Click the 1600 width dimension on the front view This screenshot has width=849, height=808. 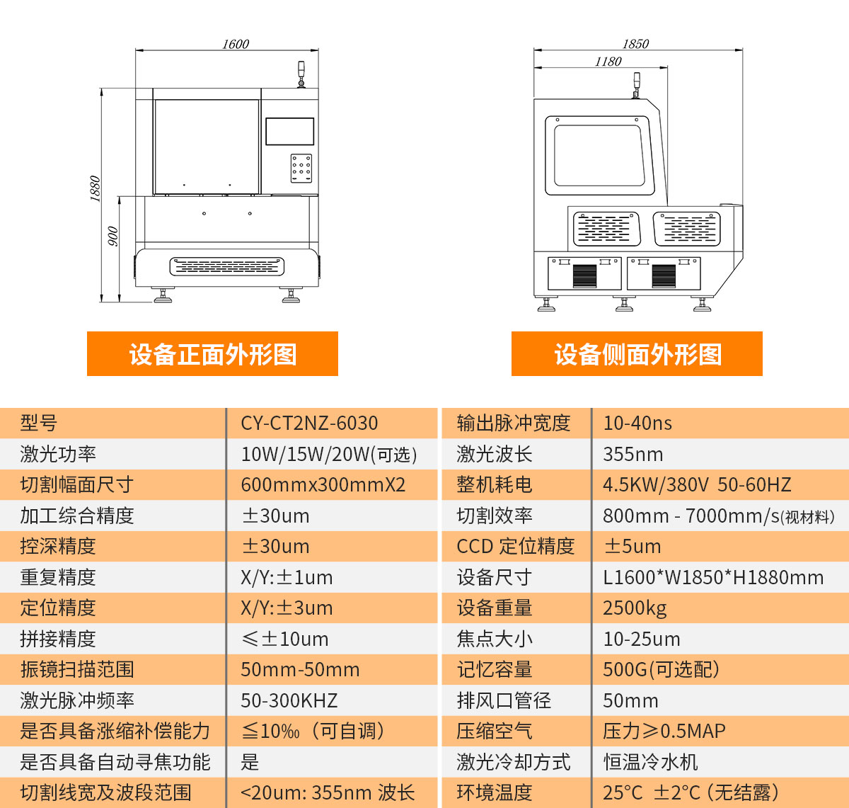coord(235,44)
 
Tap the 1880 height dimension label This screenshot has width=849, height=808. coord(96,189)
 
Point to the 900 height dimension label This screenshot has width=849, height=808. coord(112,237)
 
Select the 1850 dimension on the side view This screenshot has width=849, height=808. coord(635,44)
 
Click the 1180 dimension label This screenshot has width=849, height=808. coord(608,62)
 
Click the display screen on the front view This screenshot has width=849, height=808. coord(289,132)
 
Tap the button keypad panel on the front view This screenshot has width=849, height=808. coord(301,169)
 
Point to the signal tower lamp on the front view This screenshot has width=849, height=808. coord(301,74)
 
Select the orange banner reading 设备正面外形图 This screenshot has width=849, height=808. coord(212,354)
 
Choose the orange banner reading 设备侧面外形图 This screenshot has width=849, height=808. coord(637,354)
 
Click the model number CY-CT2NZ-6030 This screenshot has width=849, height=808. coord(309,423)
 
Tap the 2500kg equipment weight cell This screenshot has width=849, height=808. coord(635,608)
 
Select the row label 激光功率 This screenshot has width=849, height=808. coord(58,455)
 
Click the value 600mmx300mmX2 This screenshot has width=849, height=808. coord(323,485)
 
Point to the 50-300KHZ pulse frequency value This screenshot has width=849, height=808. coord(289,701)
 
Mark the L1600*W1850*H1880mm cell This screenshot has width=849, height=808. coord(712,578)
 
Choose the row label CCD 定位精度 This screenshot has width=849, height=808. coord(515,547)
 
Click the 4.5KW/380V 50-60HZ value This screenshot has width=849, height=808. coord(696,485)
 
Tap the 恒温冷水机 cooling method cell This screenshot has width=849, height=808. coord(650,762)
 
